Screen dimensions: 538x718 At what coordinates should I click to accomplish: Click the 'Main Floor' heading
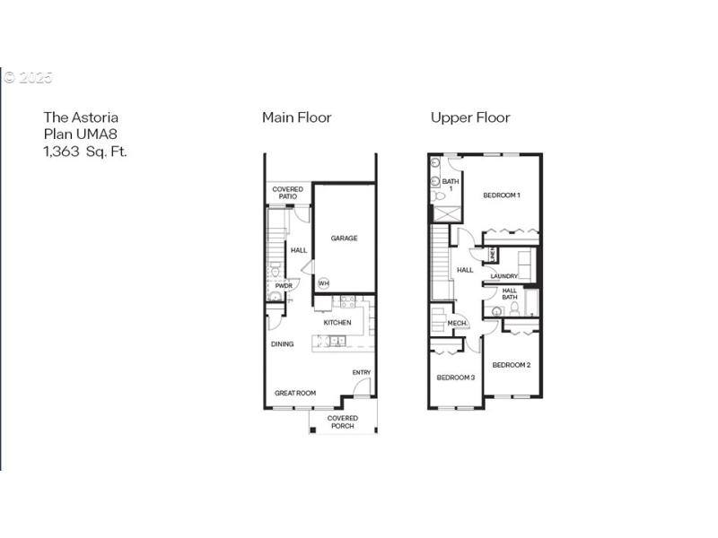pyautogui.click(x=296, y=117)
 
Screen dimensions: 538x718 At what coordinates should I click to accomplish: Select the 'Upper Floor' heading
pyautogui.click(x=470, y=117)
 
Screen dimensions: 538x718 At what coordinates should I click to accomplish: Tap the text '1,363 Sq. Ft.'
pyautogui.click(x=85, y=152)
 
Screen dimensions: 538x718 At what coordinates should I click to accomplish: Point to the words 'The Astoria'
pyautogui.click(x=81, y=117)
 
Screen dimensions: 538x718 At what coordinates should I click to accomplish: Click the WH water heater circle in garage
pyautogui.click(x=323, y=283)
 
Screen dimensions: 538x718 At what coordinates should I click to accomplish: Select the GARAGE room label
pyautogui.click(x=344, y=239)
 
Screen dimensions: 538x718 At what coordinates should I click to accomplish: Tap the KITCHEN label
pyautogui.click(x=337, y=323)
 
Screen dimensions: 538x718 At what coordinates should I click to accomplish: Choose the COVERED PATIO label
pyautogui.click(x=287, y=194)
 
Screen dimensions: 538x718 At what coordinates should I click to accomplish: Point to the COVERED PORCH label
pyautogui.click(x=342, y=422)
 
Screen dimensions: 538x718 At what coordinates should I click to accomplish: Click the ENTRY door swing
pyautogui.click(x=361, y=387)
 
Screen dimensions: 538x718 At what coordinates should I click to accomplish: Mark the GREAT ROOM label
pyautogui.click(x=295, y=393)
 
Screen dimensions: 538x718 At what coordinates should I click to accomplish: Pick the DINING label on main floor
pyautogui.click(x=283, y=343)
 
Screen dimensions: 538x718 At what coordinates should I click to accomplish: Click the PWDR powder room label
pyautogui.click(x=284, y=286)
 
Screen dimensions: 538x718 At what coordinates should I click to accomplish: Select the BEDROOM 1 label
pyautogui.click(x=502, y=195)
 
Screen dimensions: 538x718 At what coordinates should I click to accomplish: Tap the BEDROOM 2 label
pyautogui.click(x=511, y=365)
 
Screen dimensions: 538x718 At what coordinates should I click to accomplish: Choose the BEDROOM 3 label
pyautogui.click(x=455, y=377)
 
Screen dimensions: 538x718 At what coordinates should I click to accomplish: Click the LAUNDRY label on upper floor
pyautogui.click(x=504, y=276)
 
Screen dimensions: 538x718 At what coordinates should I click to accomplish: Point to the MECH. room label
pyautogui.click(x=456, y=324)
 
